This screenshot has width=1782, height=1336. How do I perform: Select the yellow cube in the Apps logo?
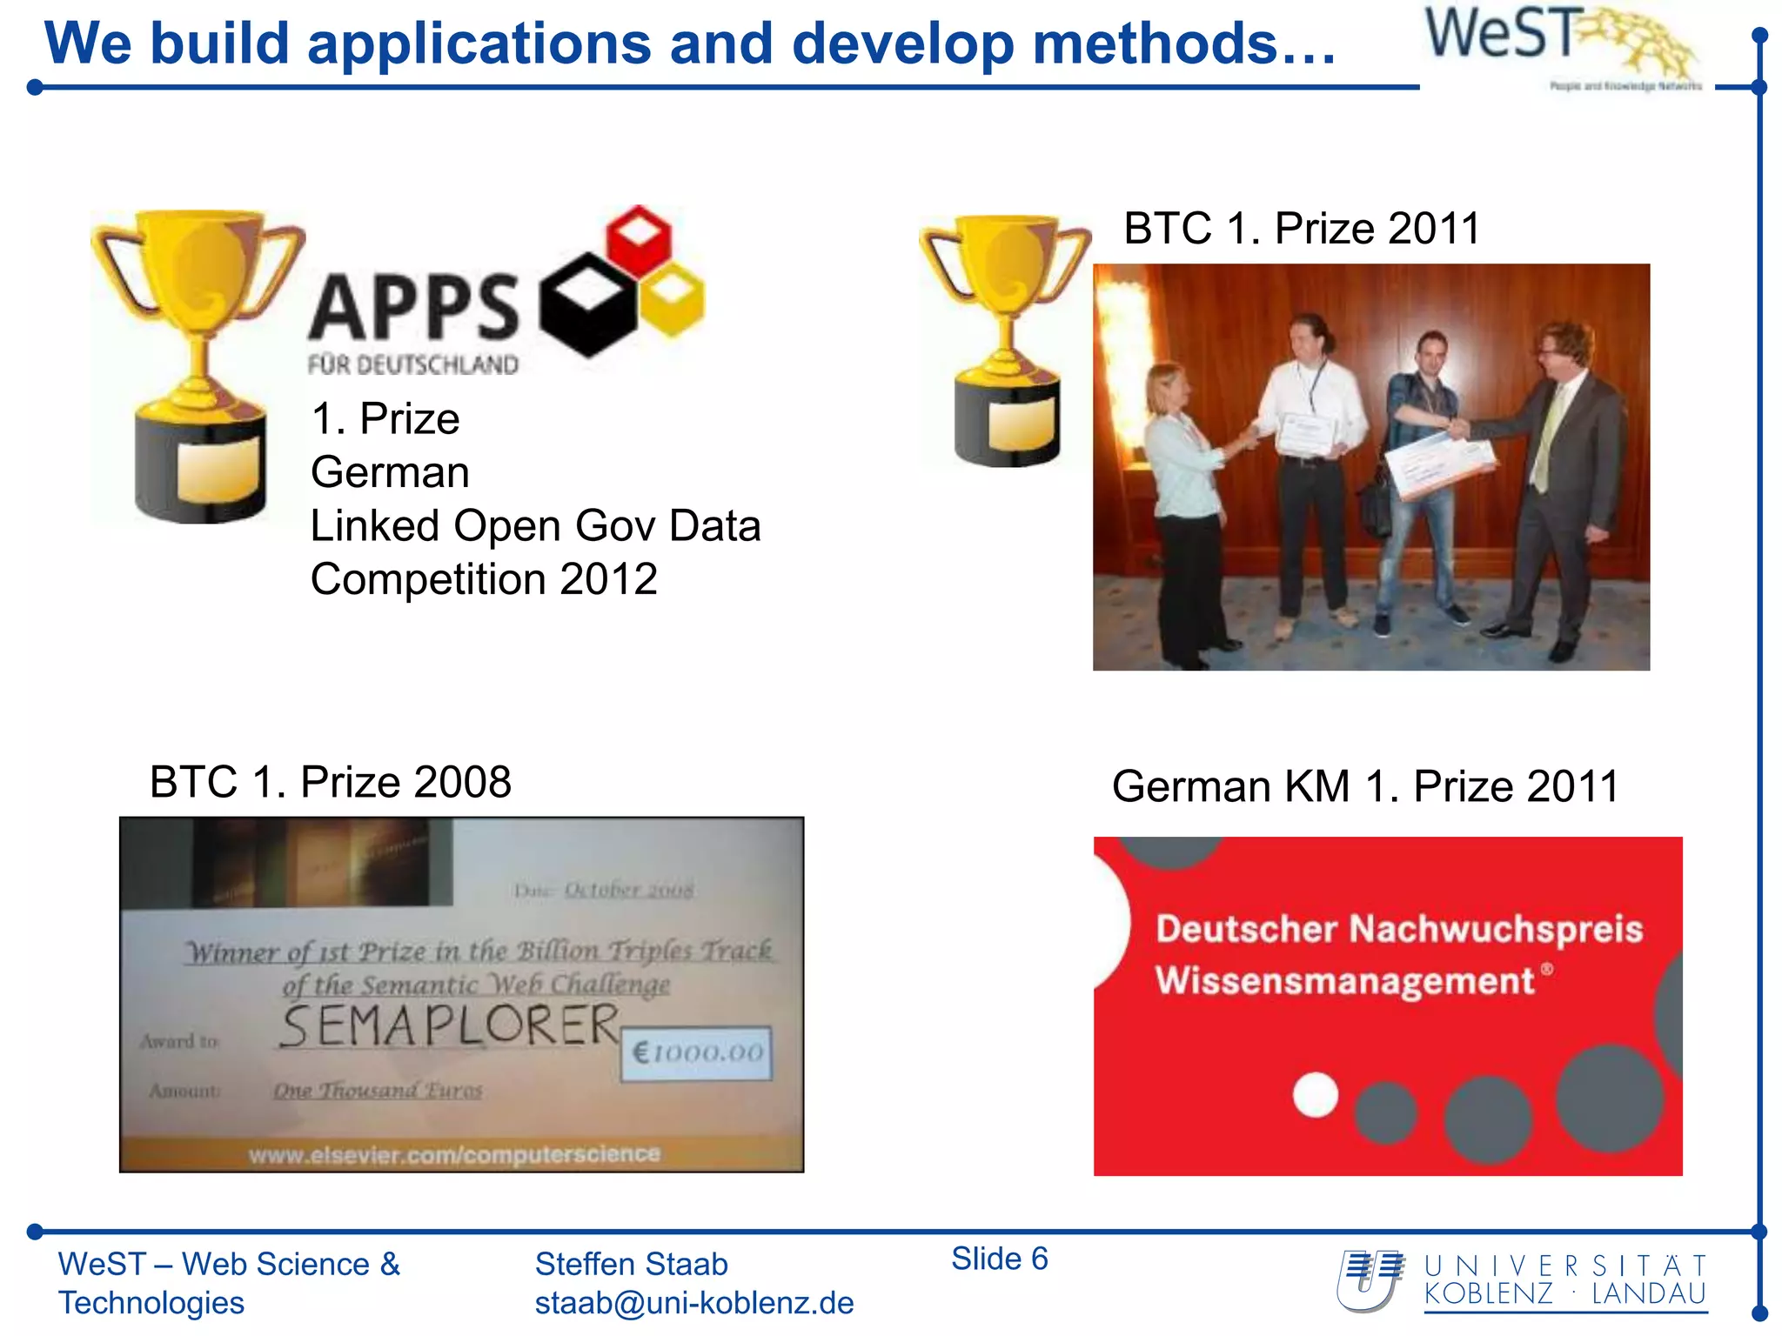pyautogui.click(x=673, y=298)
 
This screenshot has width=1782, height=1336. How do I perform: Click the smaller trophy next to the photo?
pyautogui.click(x=1007, y=339)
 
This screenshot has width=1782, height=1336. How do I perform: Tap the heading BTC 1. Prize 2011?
pyautogui.click(x=1301, y=229)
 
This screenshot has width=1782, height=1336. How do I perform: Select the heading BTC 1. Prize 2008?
pyautogui.click(x=330, y=782)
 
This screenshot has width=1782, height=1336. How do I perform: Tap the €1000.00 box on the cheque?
pyautogui.click(x=696, y=1053)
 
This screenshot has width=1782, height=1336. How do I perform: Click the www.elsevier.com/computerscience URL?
pyautogui.click(x=454, y=1154)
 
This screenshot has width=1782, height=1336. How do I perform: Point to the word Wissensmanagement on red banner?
pyautogui.click(x=1344, y=981)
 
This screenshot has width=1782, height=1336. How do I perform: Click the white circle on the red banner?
pyautogui.click(x=1315, y=1094)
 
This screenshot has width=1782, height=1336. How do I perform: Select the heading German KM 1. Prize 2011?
pyautogui.click(x=1364, y=786)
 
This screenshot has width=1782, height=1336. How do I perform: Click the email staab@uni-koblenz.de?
pyautogui.click(x=693, y=1303)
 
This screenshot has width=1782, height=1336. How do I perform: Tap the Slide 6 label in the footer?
pyautogui.click(x=999, y=1259)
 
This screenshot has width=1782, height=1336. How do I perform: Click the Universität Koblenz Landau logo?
pyautogui.click(x=1523, y=1280)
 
